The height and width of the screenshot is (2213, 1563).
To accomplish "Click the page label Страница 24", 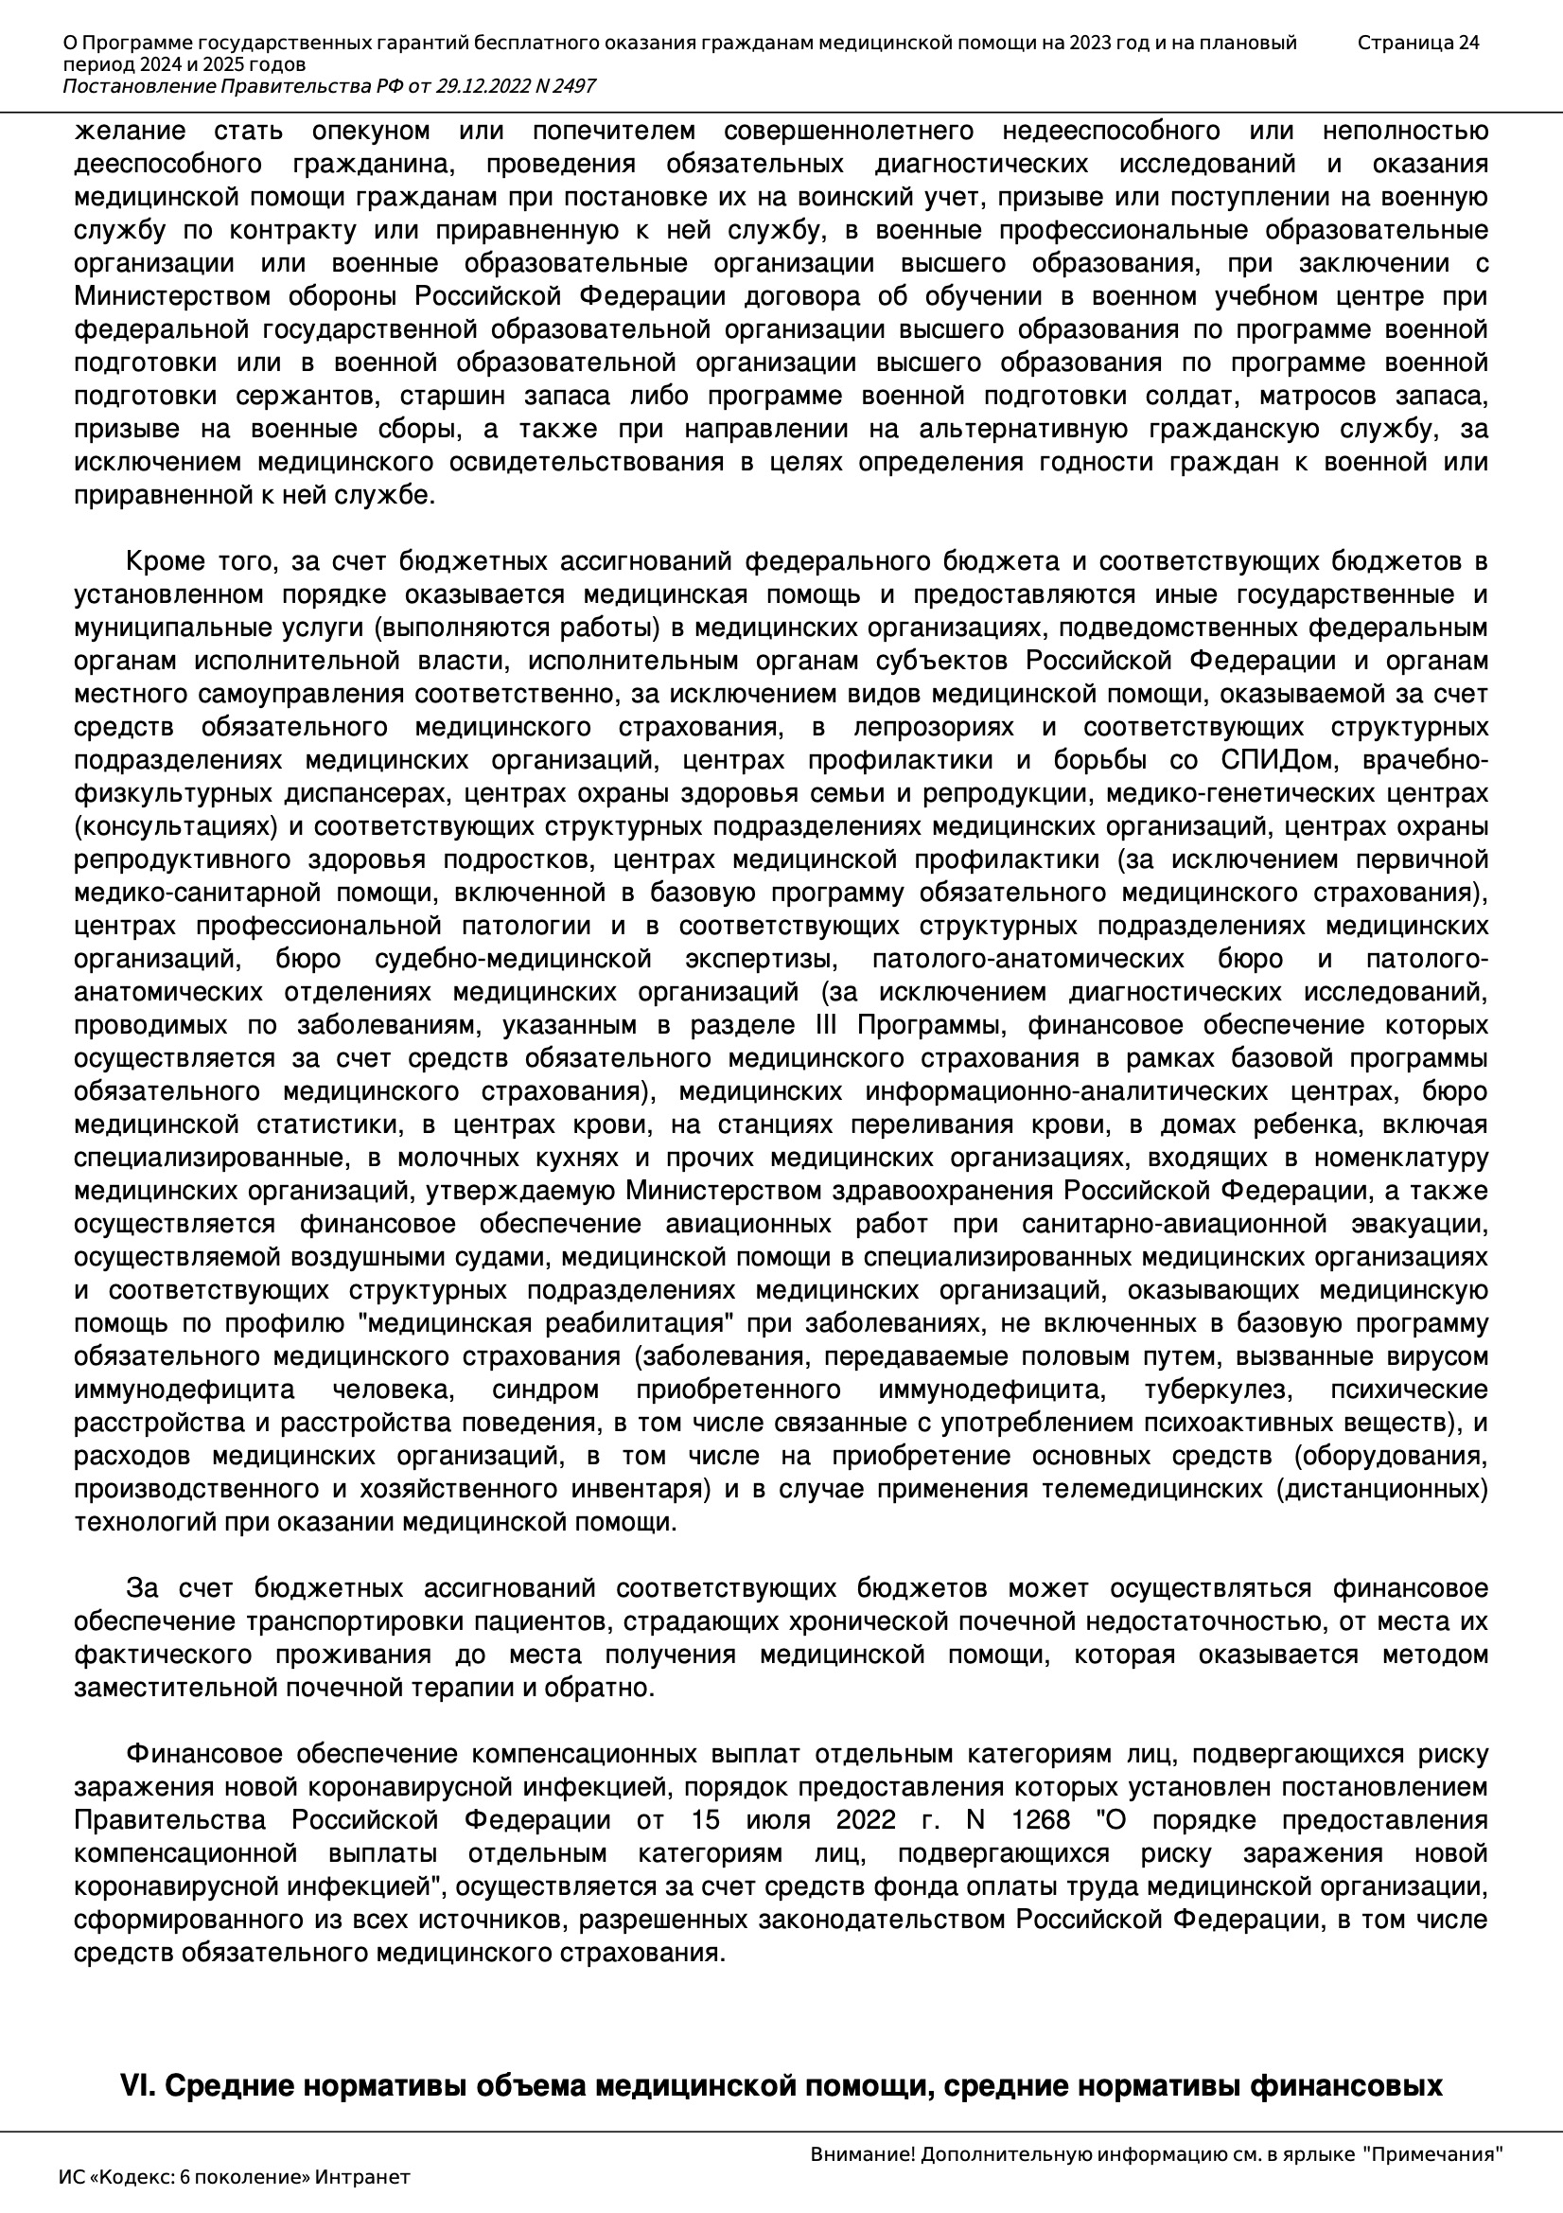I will click(x=1417, y=43).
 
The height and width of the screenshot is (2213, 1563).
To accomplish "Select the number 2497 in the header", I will click(x=573, y=87).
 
